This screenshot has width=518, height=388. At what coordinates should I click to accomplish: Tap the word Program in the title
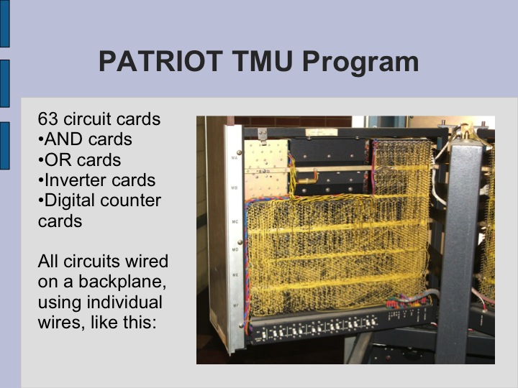click(x=360, y=63)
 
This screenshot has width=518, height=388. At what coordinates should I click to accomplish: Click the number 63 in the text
click(x=47, y=119)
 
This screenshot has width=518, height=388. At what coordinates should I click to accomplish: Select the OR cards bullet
click(x=78, y=160)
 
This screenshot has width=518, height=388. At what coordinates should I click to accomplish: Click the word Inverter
click(x=76, y=180)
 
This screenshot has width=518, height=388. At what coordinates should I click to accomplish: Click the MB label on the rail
click(x=235, y=188)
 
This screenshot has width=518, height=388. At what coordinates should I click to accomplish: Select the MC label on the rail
click(x=235, y=221)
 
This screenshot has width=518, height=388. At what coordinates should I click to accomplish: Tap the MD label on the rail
click(x=235, y=250)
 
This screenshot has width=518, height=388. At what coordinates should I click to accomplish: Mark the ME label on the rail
click(x=235, y=275)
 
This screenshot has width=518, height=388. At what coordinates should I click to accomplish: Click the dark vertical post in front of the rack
click(x=458, y=244)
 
